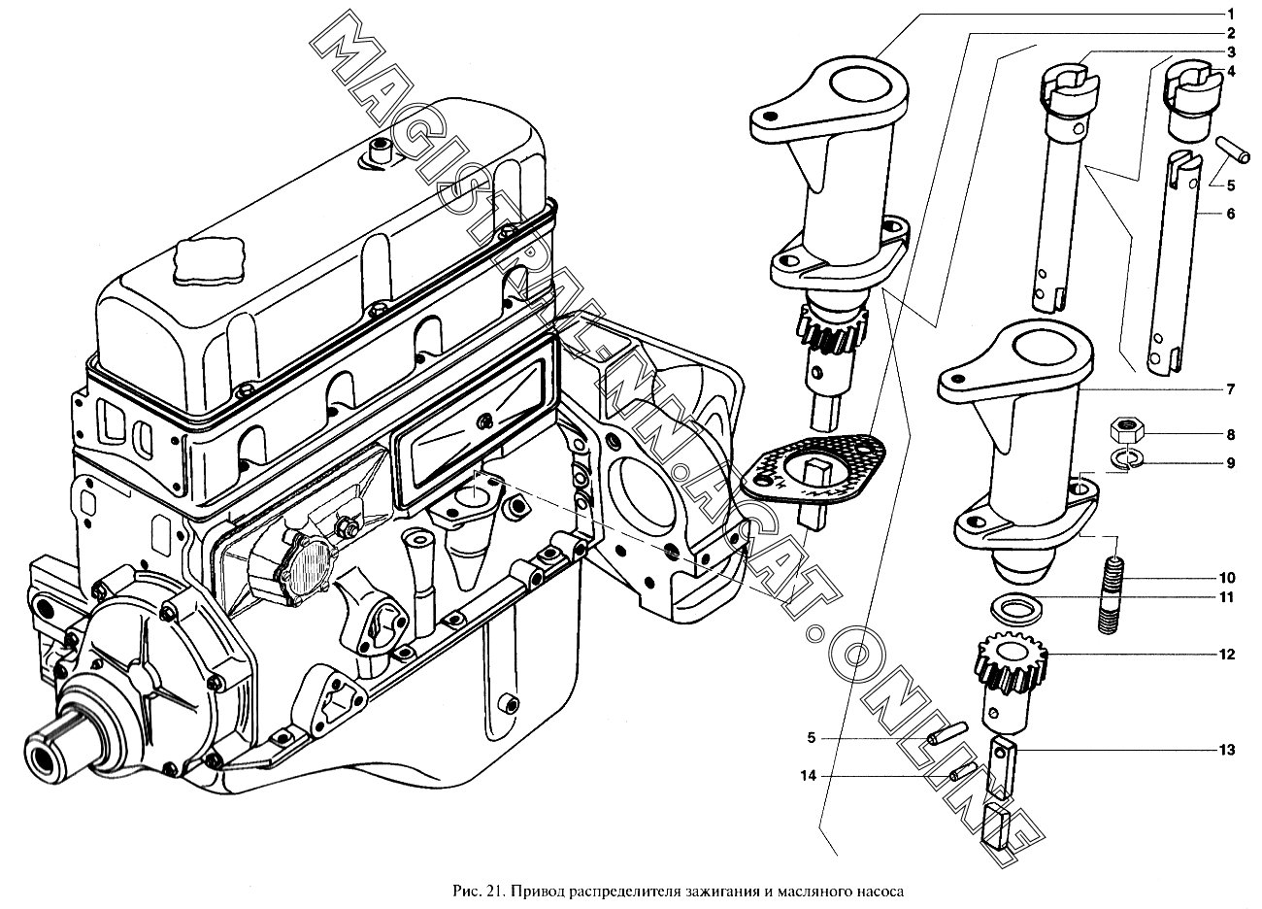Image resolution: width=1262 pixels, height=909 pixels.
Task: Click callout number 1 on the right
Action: (x=1229, y=14)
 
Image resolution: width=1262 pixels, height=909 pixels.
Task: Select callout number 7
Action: (x=1229, y=389)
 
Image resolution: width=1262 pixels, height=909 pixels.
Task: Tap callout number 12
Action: (x=1229, y=655)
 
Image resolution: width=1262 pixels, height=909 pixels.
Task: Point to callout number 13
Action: (x=1229, y=750)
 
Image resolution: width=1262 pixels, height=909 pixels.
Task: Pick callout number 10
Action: (x=1229, y=578)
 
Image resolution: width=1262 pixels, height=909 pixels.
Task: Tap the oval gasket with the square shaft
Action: (x=814, y=472)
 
